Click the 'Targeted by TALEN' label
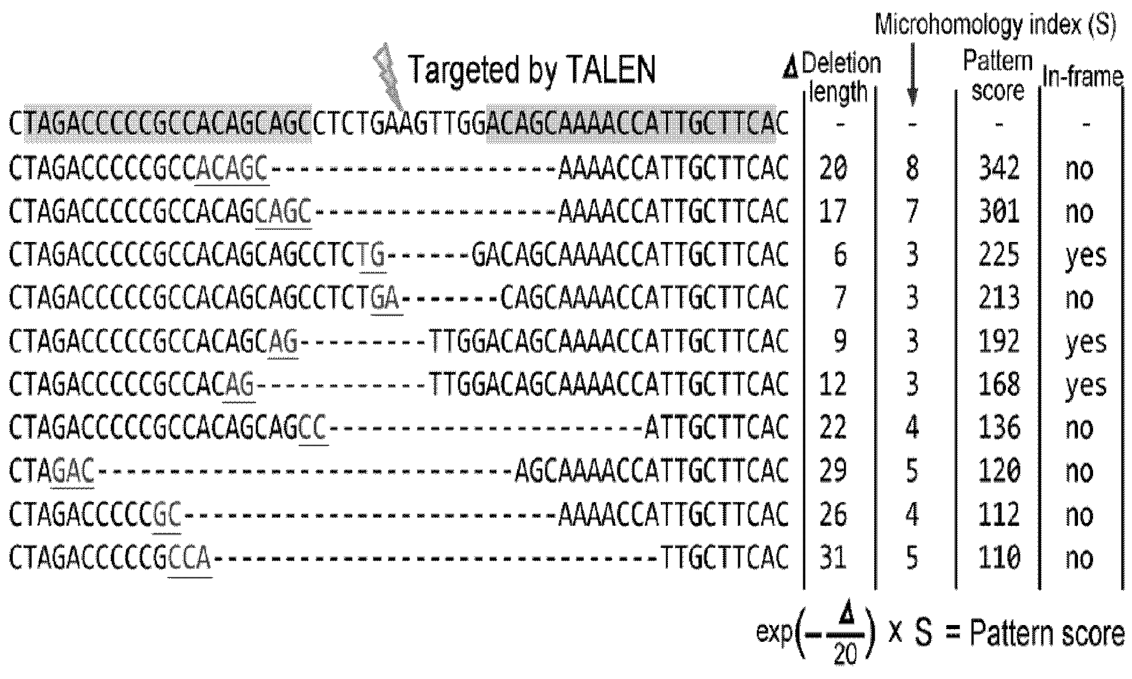(533, 70)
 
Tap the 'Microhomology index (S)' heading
(996, 26)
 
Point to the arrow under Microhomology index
(912, 74)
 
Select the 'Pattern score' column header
(998, 76)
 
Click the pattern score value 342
(999, 168)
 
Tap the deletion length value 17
(833, 211)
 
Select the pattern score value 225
(999, 255)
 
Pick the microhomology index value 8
(912, 168)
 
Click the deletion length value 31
(833, 557)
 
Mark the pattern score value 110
(999, 557)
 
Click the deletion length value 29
(833, 471)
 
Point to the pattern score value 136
(999, 428)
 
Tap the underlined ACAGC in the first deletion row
(232, 169)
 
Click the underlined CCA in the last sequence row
(190, 558)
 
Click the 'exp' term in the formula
(775, 632)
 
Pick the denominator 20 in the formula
(846, 654)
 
